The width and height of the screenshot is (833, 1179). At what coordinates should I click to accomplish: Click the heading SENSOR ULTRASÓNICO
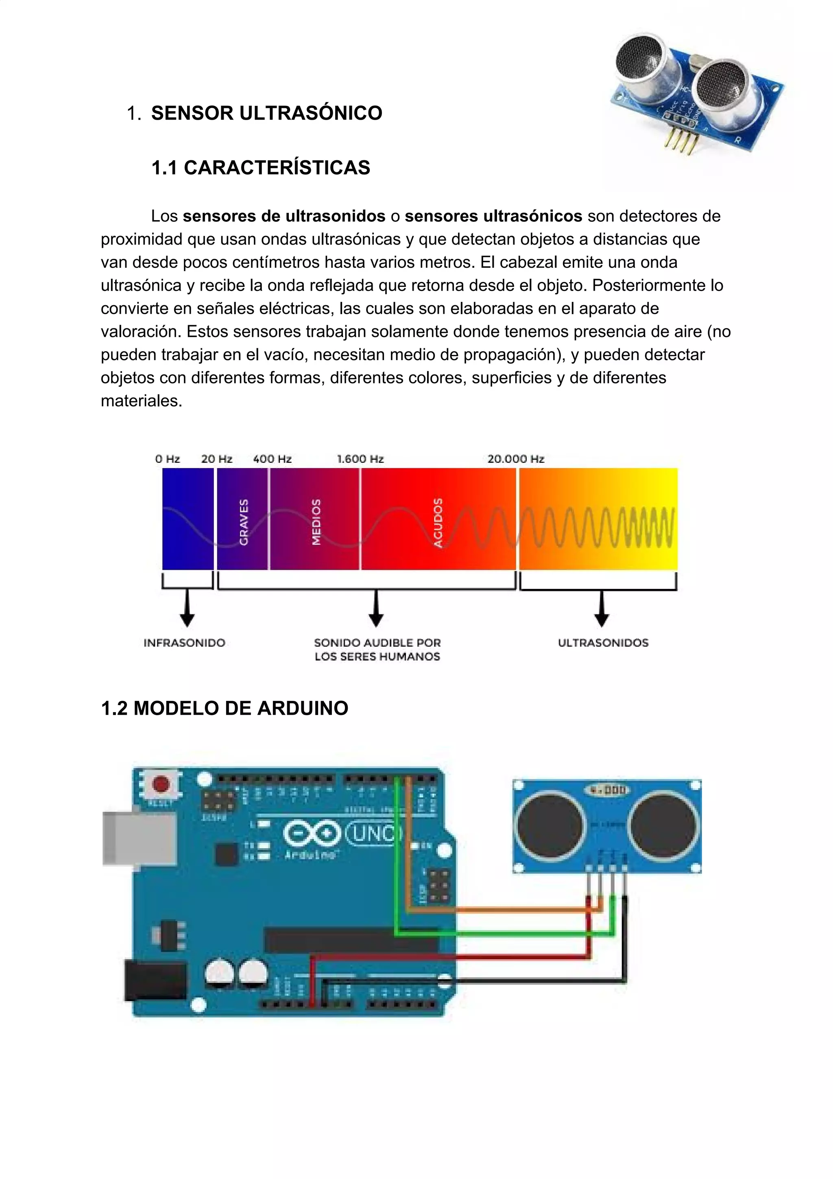coord(266,113)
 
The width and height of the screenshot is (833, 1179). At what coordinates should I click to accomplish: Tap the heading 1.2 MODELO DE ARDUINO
coord(225,708)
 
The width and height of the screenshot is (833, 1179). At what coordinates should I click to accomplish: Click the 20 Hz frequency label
coord(217,459)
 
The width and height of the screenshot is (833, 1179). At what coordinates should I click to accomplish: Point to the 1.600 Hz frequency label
coord(360,459)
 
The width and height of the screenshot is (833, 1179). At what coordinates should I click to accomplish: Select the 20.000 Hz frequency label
coord(516,459)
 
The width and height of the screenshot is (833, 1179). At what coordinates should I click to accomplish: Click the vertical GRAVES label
coord(244,522)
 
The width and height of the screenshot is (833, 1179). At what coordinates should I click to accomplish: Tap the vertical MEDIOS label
coord(316,522)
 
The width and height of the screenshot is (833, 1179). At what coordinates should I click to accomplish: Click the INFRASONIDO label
coord(184,643)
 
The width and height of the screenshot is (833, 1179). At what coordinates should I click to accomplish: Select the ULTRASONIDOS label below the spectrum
coord(603,643)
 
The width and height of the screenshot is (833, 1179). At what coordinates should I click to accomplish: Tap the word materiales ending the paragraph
coord(141,400)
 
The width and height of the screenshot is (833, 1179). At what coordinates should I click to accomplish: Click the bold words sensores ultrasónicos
coord(493,216)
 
